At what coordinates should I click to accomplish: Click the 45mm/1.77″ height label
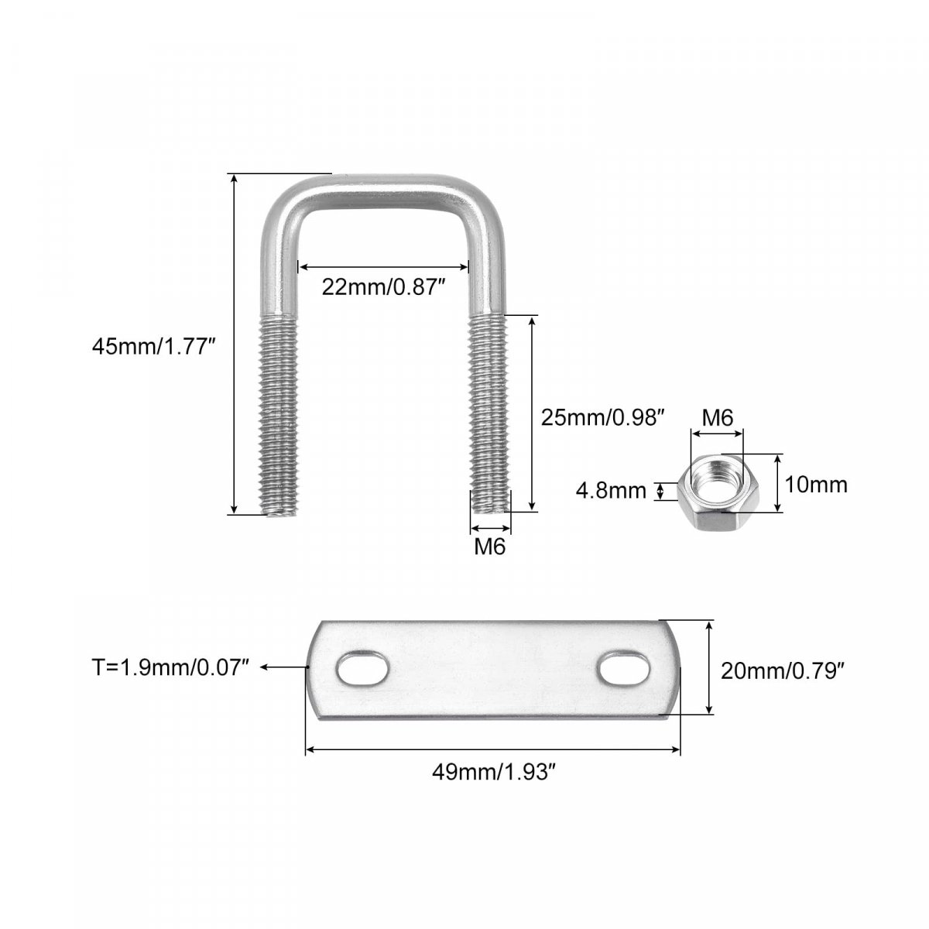click(153, 346)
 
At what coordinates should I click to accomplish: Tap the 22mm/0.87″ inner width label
click(383, 288)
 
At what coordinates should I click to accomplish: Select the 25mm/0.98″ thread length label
click(602, 417)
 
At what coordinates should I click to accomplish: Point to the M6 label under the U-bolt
click(489, 547)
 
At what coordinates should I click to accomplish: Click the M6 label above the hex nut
click(717, 417)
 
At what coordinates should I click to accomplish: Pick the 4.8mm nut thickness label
click(611, 491)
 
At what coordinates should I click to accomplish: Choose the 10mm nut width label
click(816, 485)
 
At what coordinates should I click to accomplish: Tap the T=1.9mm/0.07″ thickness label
click(170, 667)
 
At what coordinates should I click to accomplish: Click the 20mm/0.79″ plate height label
click(783, 670)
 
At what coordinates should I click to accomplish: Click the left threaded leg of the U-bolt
click(279, 416)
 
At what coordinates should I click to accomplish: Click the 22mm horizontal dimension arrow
click(383, 266)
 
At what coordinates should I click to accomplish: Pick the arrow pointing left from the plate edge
click(283, 667)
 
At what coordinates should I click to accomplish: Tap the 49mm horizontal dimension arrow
click(492, 749)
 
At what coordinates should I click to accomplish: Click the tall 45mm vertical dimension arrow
click(235, 344)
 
